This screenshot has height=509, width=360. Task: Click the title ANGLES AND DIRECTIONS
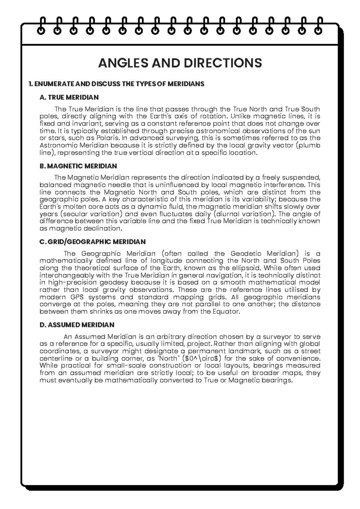click(180, 63)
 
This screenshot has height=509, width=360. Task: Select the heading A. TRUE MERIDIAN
click(69, 97)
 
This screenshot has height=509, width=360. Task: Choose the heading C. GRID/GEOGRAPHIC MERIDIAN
click(92, 242)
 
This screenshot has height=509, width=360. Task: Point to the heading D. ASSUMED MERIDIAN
click(77, 325)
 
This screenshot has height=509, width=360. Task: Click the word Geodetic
click(246, 254)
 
